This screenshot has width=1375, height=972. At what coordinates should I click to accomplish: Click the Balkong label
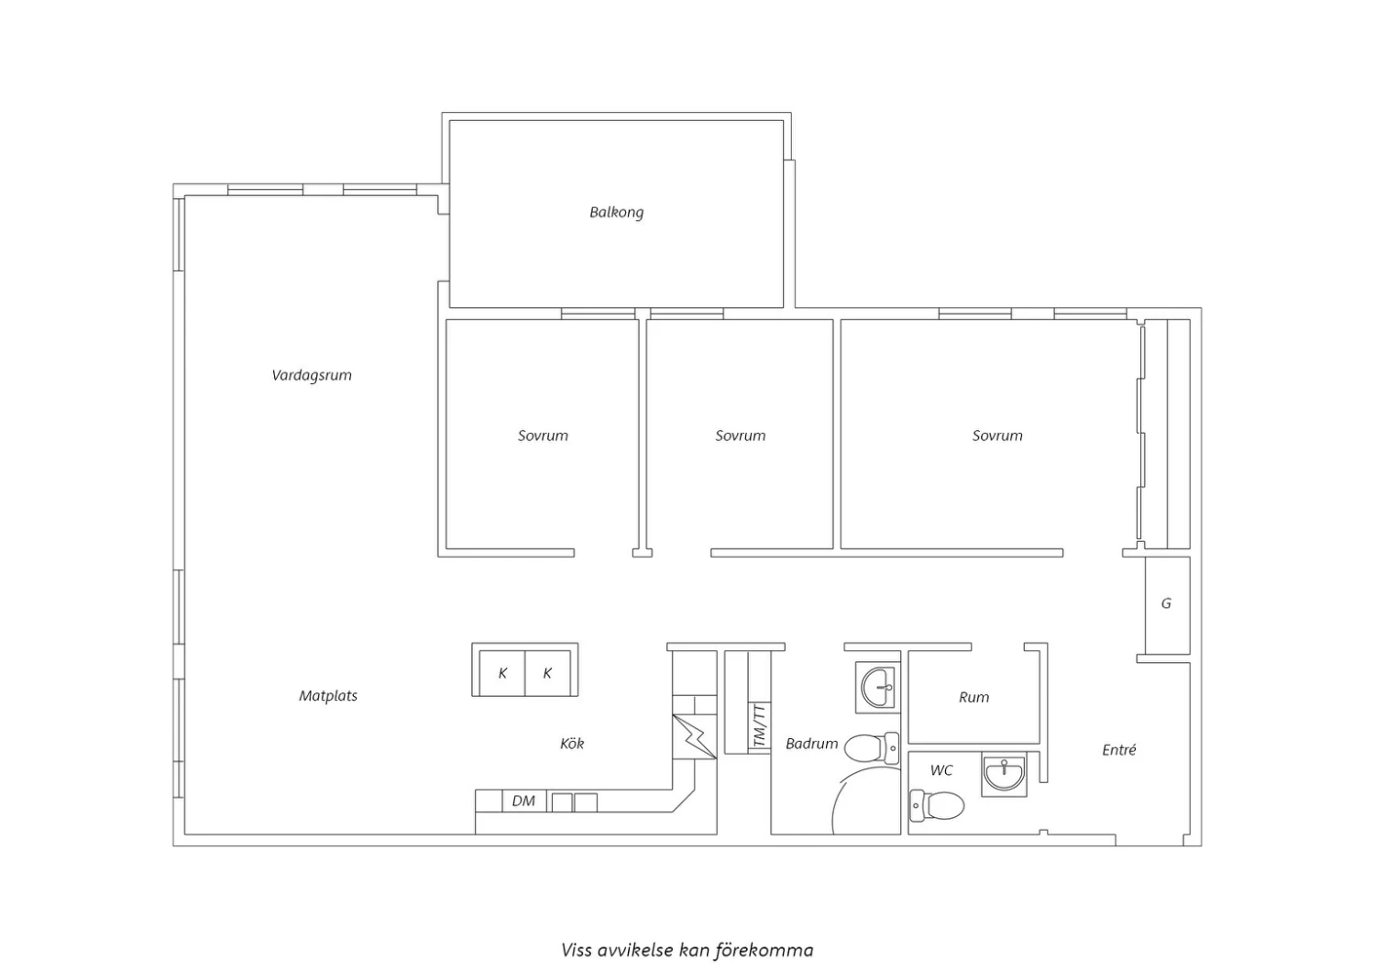click(616, 213)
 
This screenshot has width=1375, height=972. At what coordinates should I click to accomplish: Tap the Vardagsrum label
click(312, 375)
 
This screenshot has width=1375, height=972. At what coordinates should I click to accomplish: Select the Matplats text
click(328, 696)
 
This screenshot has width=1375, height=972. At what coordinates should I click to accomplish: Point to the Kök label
click(572, 744)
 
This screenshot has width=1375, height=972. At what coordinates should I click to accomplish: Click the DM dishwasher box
click(523, 801)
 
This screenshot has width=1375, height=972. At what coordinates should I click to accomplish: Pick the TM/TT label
click(760, 727)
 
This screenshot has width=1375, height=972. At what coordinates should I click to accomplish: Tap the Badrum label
click(811, 744)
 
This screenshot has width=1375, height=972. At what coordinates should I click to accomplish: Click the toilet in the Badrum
click(872, 748)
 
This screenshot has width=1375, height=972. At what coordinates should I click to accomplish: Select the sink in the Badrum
click(878, 688)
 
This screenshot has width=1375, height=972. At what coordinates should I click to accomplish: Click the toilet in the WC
click(937, 805)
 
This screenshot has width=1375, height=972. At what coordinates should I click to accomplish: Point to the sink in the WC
click(1004, 774)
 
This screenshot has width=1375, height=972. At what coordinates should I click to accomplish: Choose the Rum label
click(973, 697)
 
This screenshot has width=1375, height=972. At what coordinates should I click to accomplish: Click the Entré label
click(1119, 750)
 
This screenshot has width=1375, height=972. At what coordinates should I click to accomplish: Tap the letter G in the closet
click(1166, 603)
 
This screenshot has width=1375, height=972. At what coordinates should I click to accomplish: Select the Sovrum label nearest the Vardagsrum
click(543, 436)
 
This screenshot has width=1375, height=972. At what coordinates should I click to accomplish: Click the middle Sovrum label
click(741, 436)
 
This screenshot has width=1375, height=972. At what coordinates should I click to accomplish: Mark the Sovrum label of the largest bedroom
click(997, 436)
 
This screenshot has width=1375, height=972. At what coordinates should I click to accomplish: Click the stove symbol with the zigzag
click(694, 737)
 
